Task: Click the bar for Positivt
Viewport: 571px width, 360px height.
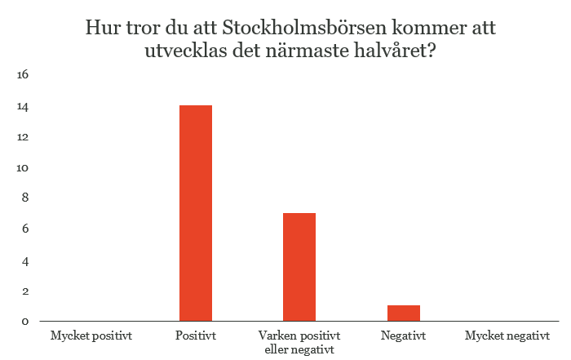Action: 196,213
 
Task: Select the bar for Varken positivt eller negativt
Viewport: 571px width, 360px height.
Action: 299,267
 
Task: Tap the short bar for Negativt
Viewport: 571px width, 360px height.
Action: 404,313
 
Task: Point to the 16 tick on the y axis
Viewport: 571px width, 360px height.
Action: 23,75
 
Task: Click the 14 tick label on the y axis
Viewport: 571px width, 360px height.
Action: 23,107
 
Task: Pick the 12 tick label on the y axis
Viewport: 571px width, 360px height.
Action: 23,137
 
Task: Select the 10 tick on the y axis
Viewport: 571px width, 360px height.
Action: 23,168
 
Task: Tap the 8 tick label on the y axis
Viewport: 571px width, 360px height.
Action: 25,198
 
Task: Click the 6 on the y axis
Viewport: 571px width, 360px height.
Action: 25,229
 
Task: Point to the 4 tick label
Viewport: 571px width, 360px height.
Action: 25,261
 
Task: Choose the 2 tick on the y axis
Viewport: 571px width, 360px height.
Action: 25,291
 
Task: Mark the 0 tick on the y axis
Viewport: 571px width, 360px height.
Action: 25,322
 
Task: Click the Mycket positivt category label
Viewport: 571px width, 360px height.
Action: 91,336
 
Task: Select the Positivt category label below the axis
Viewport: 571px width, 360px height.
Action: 196,336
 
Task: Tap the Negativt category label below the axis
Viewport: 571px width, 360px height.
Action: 403,336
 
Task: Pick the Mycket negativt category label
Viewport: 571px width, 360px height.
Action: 507,336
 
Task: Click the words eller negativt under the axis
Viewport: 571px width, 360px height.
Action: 299,350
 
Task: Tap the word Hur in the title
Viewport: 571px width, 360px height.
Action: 103,28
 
